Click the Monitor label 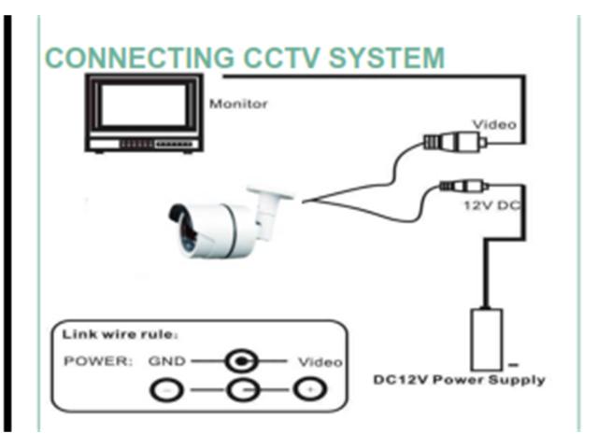tap(238, 104)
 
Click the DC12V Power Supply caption tap(459, 380)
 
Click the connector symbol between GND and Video tap(241, 360)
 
